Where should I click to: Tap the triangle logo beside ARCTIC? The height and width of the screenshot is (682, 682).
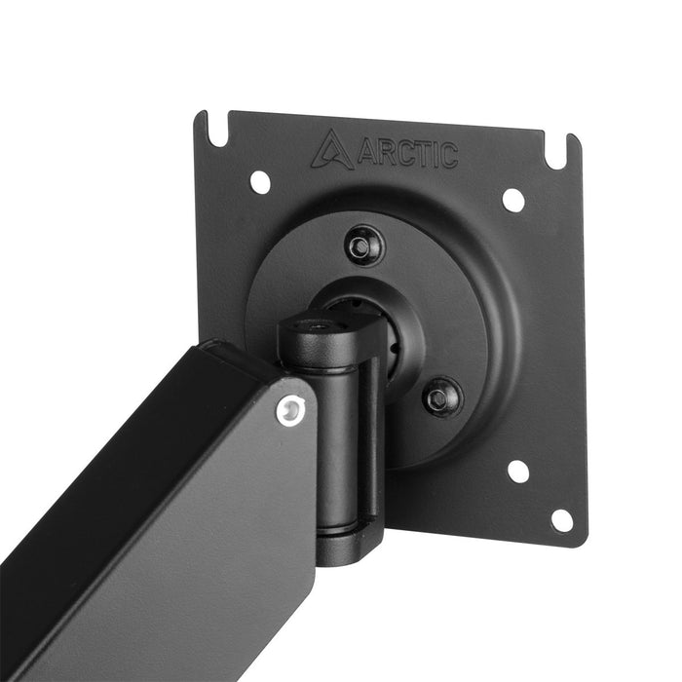coord(332,150)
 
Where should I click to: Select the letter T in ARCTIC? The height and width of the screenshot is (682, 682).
coord(420,155)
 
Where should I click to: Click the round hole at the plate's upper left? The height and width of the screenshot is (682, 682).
coord(260,180)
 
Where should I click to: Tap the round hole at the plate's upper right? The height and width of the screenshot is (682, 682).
coord(512,199)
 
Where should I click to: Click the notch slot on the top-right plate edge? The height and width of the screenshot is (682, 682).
coord(560,151)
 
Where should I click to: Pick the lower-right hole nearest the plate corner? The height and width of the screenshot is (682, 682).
coord(562,520)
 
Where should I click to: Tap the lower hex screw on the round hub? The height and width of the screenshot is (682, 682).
coord(441,396)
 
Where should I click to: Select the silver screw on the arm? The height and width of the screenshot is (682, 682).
coord(286,411)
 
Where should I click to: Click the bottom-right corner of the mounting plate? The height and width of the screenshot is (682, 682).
coord(582,543)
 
